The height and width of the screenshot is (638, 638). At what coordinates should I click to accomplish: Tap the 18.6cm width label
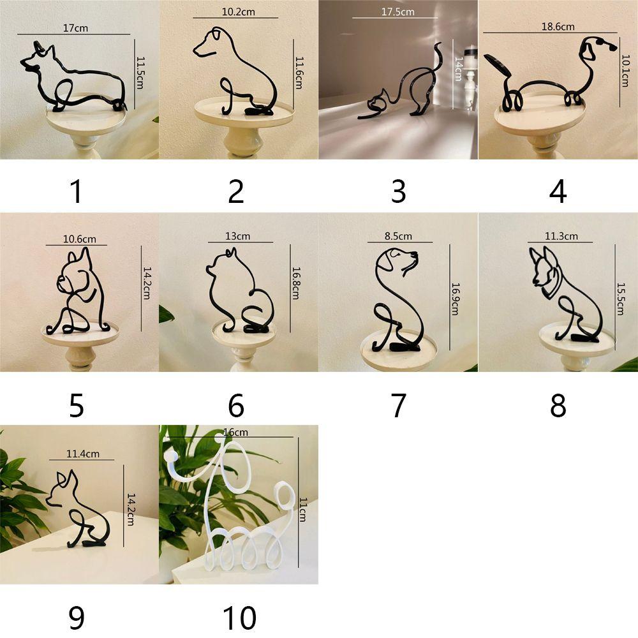pos(558,27)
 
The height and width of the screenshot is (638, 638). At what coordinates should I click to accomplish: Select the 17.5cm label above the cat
pos(398,12)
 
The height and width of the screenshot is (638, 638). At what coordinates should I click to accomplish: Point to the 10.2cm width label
pos(235,12)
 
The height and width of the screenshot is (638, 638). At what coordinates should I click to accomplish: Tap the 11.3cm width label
pos(561,236)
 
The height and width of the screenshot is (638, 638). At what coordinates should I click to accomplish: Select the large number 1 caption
pos(77,191)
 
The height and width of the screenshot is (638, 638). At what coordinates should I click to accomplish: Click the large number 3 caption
pos(398,191)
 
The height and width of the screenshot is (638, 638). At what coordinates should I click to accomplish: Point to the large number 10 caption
pos(239,617)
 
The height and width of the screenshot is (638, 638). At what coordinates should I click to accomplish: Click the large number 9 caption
pos(77,617)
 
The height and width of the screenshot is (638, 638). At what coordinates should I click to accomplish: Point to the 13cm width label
pos(237,236)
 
